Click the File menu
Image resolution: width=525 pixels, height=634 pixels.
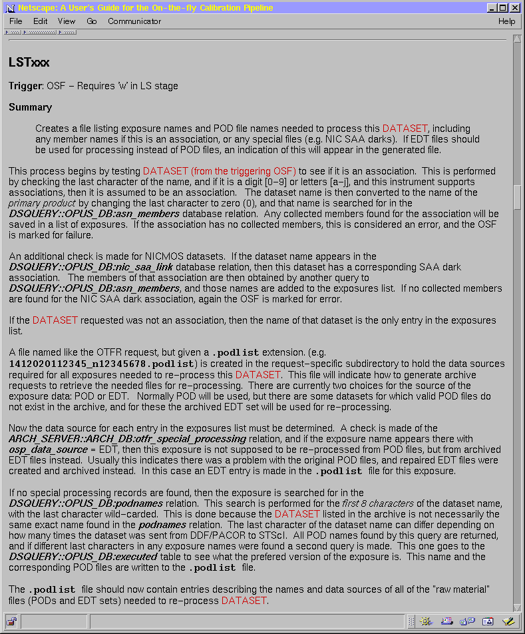[x=15, y=21]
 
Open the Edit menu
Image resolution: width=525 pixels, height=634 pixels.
[x=41, y=21]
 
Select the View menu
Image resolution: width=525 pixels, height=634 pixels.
[x=67, y=21]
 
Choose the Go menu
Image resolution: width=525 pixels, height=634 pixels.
[x=92, y=21]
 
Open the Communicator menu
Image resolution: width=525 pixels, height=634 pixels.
[x=134, y=21]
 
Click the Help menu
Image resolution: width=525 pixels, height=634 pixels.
[x=506, y=21]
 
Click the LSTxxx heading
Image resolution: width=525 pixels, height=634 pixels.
[x=29, y=63]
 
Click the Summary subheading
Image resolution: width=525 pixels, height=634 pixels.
[x=30, y=107]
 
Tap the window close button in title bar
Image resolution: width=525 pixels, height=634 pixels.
[x=515, y=8]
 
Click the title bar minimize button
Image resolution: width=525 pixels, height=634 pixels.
[x=492, y=8]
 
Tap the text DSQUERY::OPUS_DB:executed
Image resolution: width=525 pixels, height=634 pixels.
[x=75, y=557]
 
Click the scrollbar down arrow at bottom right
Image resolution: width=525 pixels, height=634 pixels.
[x=518, y=607]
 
